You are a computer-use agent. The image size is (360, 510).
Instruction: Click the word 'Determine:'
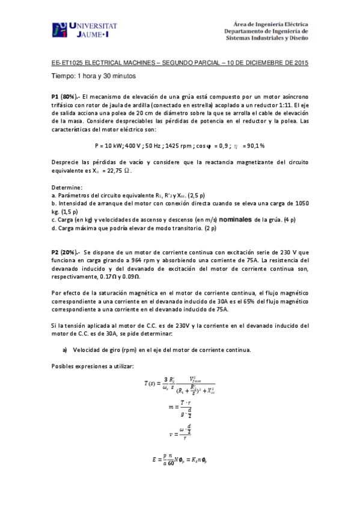coord(67,187)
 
